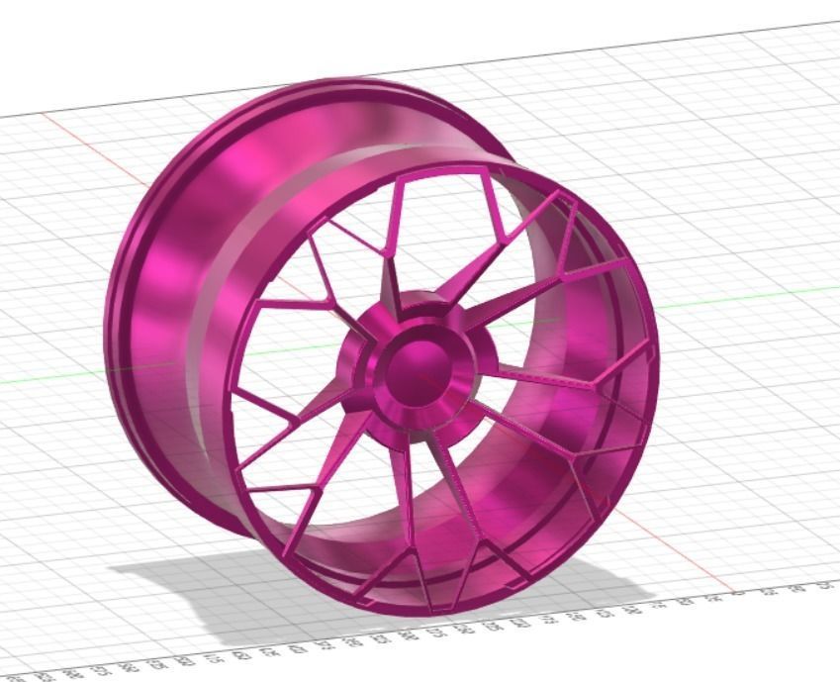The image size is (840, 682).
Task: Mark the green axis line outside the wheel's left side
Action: point(59,379)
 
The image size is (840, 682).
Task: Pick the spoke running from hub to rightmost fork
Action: point(534,381)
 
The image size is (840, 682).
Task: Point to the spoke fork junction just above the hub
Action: point(390,257)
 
